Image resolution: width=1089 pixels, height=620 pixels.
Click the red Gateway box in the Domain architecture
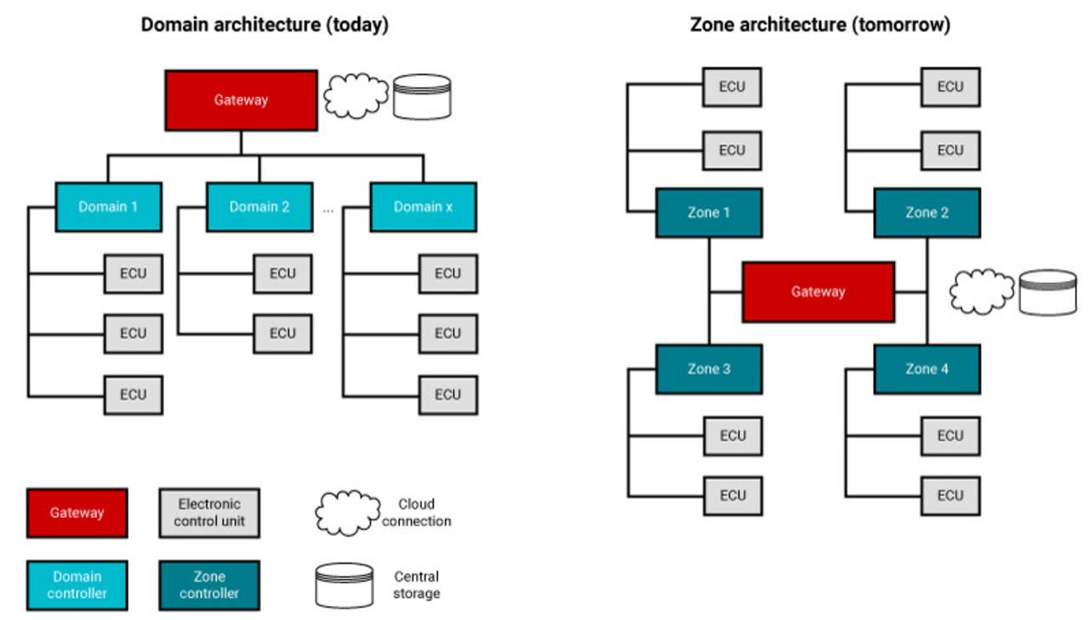pyautogui.click(x=241, y=100)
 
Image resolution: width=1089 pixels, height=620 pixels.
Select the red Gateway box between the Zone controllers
pyautogui.click(x=818, y=292)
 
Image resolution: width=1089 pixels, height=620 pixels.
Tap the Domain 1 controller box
pyautogui.click(x=108, y=207)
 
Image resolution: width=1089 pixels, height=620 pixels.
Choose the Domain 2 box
pyautogui.click(x=259, y=207)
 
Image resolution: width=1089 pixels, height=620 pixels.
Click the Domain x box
pyautogui.click(x=423, y=207)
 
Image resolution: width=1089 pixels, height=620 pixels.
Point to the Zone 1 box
pyautogui.click(x=709, y=213)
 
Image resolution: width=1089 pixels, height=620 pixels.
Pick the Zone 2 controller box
pyautogui.click(x=927, y=213)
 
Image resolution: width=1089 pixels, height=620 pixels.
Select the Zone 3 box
pyautogui.click(x=709, y=369)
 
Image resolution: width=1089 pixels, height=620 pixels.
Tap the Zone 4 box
pyautogui.click(x=927, y=369)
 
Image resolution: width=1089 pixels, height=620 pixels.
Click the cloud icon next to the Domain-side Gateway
pyautogui.click(x=356, y=96)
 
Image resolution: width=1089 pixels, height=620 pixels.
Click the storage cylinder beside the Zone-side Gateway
pyautogui.click(x=1048, y=292)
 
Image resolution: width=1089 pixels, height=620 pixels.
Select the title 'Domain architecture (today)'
pyautogui.click(x=265, y=25)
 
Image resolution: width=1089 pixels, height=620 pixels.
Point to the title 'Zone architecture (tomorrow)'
pyautogui.click(x=819, y=25)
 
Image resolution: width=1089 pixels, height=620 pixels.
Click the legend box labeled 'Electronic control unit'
pyautogui.click(x=208, y=513)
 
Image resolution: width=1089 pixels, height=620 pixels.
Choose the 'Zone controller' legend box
pyautogui.click(x=208, y=585)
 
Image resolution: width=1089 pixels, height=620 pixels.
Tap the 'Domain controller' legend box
pyautogui.click(x=77, y=585)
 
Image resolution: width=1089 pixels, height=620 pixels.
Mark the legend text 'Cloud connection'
pyautogui.click(x=416, y=513)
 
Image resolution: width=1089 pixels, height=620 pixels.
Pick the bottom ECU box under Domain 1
pyautogui.click(x=133, y=395)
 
